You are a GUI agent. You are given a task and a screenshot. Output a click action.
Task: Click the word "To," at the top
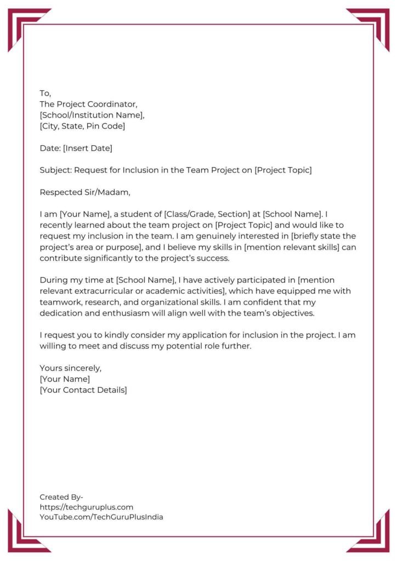pos(45,93)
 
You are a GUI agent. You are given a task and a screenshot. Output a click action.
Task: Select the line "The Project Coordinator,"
pos(88,104)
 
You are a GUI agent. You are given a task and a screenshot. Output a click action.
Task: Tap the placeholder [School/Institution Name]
pos(92,115)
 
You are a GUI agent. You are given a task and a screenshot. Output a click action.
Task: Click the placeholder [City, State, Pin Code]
pos(82,126)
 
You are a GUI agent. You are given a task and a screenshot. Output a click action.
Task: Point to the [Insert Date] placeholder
pos(88,148)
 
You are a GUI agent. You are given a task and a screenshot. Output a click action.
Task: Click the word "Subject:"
pos(55,170)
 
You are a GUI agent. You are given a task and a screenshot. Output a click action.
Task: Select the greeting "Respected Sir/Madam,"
pos(85,192)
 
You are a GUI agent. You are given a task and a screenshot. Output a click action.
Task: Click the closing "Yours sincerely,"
pos(71,368)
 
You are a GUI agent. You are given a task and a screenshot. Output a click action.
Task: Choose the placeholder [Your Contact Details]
pos(83,390)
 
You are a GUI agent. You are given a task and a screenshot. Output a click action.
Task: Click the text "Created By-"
pos(61,497)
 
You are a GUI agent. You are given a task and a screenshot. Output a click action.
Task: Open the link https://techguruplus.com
pos(86,507)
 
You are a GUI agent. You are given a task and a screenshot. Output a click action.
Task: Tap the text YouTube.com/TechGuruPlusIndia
pos(101,517)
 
